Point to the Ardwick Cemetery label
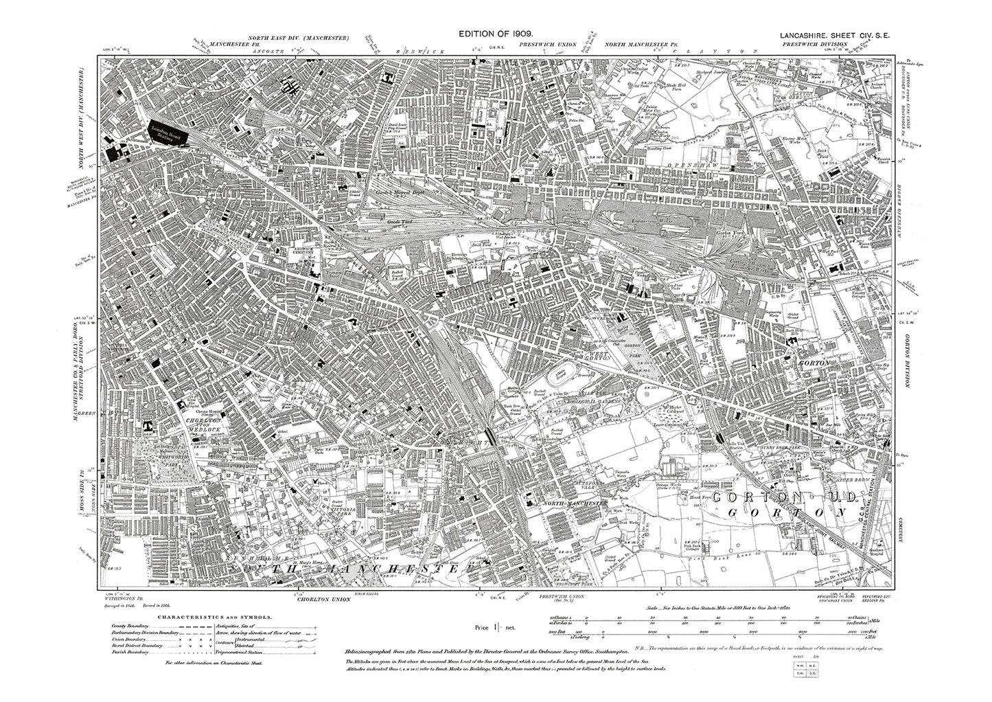(298, 251)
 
